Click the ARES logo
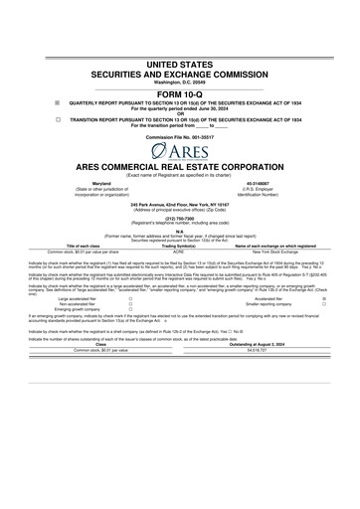click(x=179, y=151)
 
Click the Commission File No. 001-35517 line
click(x=179, y=135)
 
